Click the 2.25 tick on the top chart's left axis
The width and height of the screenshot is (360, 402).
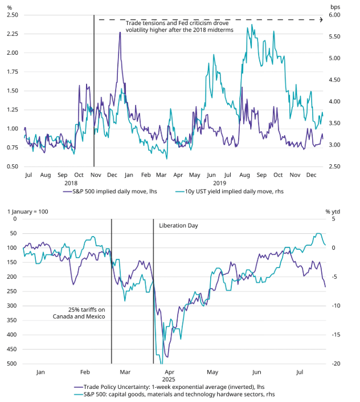tap(13, 34)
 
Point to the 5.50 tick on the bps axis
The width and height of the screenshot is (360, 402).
tap(334, 36)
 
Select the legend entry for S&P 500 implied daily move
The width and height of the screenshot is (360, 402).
tap(110, 191)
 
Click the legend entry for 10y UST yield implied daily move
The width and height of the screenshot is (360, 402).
tap(229, 191)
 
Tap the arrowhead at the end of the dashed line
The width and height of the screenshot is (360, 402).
tap(321, 19)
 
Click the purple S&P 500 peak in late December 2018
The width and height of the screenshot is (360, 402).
tap(120, 33)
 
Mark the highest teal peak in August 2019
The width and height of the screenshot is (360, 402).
tap(252, 25)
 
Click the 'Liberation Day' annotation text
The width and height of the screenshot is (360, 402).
tap(178, 226)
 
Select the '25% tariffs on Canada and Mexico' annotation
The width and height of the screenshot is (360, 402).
tap(79, 313)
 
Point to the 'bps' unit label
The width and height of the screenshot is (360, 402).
tap(335, 7)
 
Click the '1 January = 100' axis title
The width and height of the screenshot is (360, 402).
tap(28, 212)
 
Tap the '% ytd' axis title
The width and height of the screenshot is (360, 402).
tap(333, 212)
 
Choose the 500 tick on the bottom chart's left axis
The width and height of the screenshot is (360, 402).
tap(12, 364)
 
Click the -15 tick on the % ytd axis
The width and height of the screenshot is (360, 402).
tap(336, 335)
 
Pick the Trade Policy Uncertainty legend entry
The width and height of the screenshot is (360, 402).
tap(169, 387)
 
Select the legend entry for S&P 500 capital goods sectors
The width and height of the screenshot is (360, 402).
tap(174, 395)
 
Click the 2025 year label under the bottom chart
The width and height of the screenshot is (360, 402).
tap(169, 379)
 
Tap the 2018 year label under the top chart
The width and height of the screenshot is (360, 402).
tap(71, 183)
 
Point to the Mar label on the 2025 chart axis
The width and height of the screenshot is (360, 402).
tap(125, 372)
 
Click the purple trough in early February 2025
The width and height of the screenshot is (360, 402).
tap(73, 285)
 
